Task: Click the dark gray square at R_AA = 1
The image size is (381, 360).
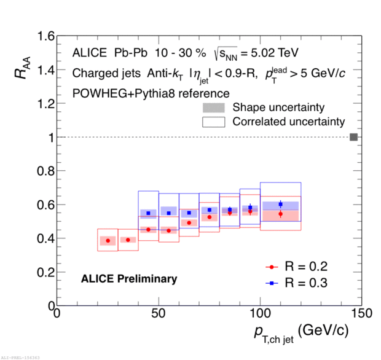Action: pyautogui.click(x=353, y=137)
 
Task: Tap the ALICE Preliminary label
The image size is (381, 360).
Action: pyautogui.click(x=129, y=279)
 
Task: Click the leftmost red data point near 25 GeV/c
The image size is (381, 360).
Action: pyautogui.click(x=108, y=240)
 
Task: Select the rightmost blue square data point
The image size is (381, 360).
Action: pyautogui.click(x=280, y=204)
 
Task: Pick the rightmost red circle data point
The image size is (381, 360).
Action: pyautogui.click(x=280, y=214)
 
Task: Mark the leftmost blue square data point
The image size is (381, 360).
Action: pyautogui.click(x=148, y=213)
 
